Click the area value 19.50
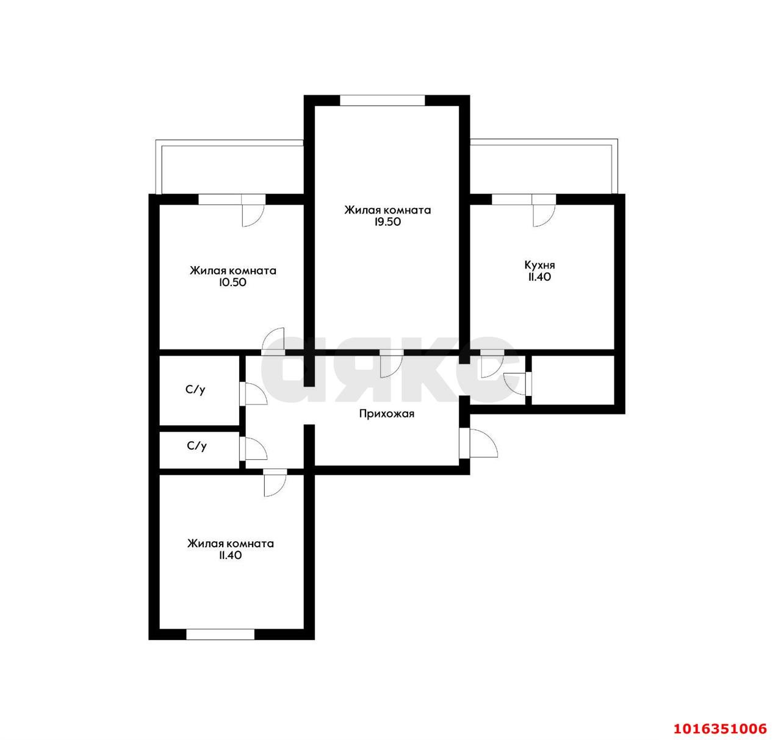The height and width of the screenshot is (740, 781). coord(387,222)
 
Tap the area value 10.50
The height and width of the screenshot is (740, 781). coord(232,282)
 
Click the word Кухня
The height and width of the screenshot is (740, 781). coord(539,265)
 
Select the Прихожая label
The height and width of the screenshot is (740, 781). coord(386,414)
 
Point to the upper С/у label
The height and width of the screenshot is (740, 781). coord(195,390)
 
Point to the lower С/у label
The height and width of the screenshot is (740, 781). coord(196,446)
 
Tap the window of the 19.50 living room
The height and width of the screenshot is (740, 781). coord(383,100)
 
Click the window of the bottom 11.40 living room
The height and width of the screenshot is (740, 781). coord(220,634)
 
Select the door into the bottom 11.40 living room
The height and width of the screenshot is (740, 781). coord(275,482)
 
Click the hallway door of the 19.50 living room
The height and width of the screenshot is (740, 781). coord(392,363)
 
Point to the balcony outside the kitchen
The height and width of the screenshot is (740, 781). coord(543,167)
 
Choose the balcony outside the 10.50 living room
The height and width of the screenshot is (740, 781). coord(229,167)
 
